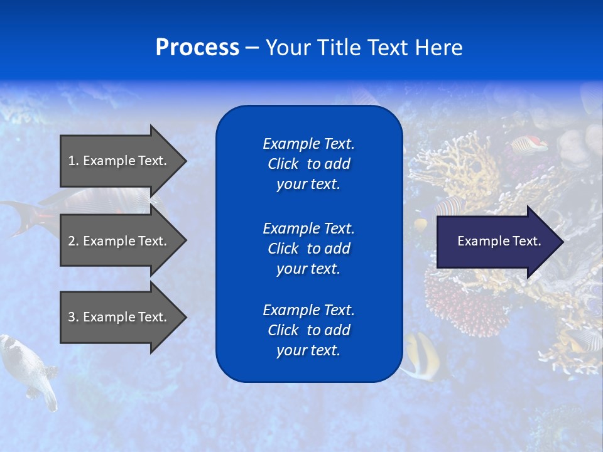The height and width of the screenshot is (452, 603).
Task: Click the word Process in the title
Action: pos(197,48)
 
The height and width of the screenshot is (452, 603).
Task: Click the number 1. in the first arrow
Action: pos(73,161)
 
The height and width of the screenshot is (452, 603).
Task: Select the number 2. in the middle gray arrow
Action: pos(73,241)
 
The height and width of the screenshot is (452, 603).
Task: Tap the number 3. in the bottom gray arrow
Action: pos(73,317)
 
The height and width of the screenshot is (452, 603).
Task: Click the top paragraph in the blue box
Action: pos(308,164)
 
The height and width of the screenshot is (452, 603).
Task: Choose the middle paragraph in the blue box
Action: pos(308,249)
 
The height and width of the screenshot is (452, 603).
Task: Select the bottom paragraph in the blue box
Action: pos(308,330)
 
